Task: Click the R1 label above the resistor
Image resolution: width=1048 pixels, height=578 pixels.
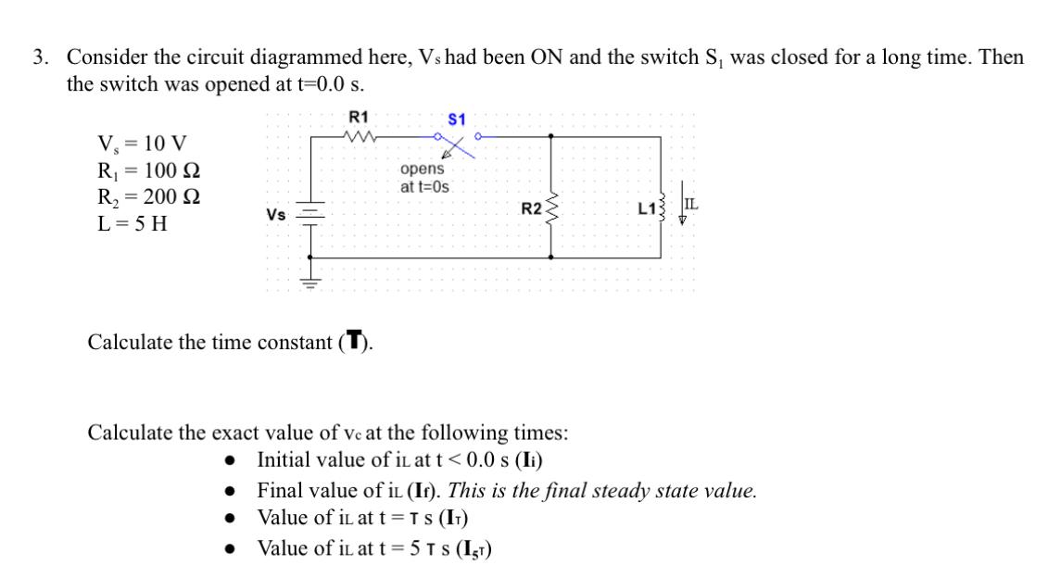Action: [358, 117]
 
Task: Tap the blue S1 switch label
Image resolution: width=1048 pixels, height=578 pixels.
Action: [457, 119]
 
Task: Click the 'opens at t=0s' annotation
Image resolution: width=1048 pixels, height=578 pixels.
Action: [423, 178]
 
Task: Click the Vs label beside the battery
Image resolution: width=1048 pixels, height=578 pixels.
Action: [275, 214]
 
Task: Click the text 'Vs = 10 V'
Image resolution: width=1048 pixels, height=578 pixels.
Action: [142, 144]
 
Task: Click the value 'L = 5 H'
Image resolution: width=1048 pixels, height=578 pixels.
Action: [133, 224]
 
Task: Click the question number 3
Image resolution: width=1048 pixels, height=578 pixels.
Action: [39, 57]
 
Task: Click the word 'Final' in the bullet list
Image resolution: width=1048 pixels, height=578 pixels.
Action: [279, 490]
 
